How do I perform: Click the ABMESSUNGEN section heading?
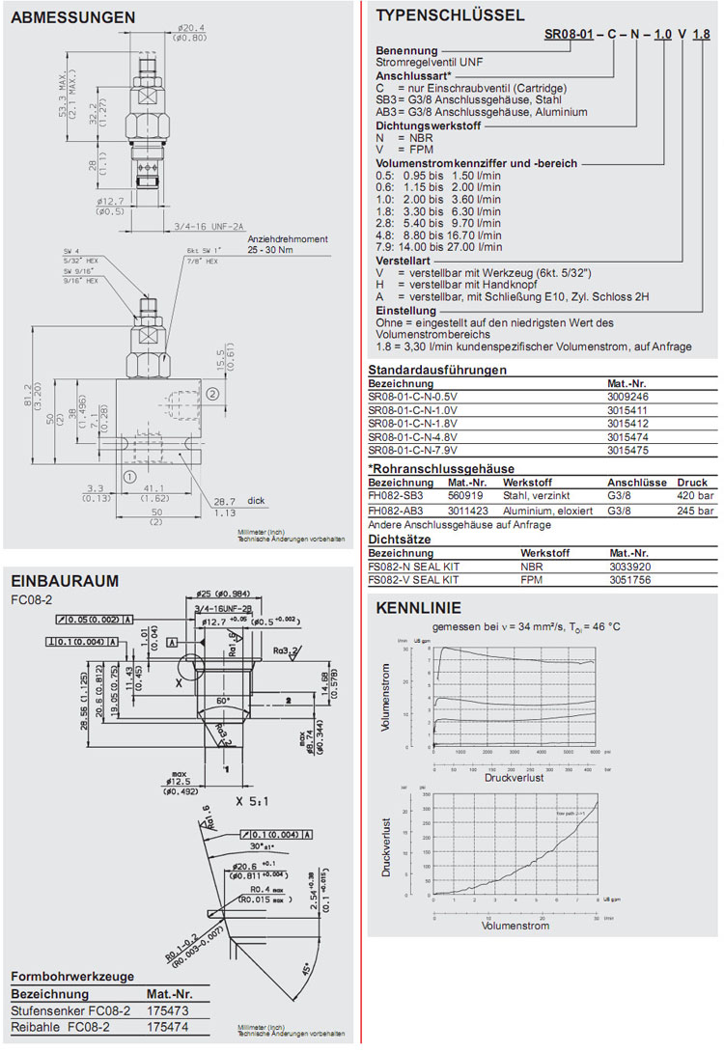click(x=72, y=17)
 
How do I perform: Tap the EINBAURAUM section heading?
click(x=65, y=580)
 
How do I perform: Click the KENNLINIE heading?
click(x=418, y=608)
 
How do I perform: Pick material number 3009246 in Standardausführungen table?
click(x=627, y=396)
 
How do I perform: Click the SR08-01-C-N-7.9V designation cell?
click(x=413, y=450)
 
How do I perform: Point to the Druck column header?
click(x=692, y=483)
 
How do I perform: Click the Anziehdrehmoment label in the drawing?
click(x=288, y=238)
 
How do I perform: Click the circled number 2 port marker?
click(x=212, y=393)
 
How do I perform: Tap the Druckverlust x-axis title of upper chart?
click(x=515, y=775)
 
